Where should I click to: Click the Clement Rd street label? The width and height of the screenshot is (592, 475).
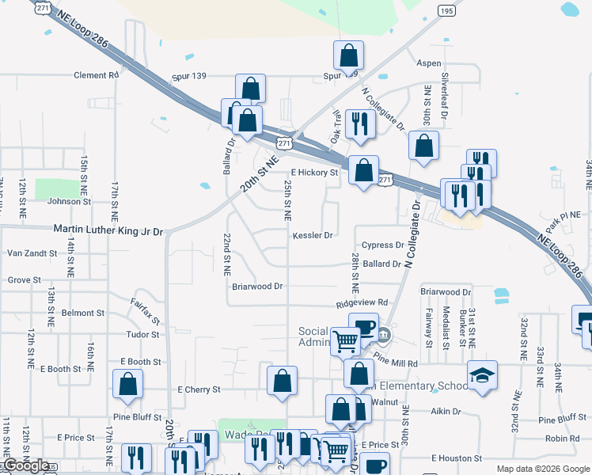[x=96, y=75]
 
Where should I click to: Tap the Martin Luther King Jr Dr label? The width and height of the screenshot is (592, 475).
[x=108, y=231]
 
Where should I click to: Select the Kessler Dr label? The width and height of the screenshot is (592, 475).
[x=313, y=235]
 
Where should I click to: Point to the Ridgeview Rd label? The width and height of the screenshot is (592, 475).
[x=362, y=302]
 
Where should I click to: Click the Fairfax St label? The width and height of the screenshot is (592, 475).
[x=145, y=311]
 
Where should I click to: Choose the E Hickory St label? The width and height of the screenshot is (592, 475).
[x=314, y=172]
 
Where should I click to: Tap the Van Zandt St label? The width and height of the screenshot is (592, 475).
[x=32, y=253]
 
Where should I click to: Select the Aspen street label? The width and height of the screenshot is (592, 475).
[x=428, y=63]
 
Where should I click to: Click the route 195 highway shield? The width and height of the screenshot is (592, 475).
[x=446, y=10]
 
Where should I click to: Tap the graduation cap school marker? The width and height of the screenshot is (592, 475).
[x=482, y=375]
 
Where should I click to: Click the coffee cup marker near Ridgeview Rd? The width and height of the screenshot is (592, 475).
[x=363, y=326]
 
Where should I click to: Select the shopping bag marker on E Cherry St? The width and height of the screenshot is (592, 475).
[x=283, y=381]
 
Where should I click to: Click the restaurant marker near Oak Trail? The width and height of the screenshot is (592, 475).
[x=361, y=123]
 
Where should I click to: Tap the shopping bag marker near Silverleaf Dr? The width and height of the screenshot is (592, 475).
[x=424, y=145]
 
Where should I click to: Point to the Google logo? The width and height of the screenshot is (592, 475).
[x=26, y=465]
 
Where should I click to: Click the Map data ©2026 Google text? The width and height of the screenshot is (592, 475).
[x=543, y=469]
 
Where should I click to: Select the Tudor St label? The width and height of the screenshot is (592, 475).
[x=143, y=334]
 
